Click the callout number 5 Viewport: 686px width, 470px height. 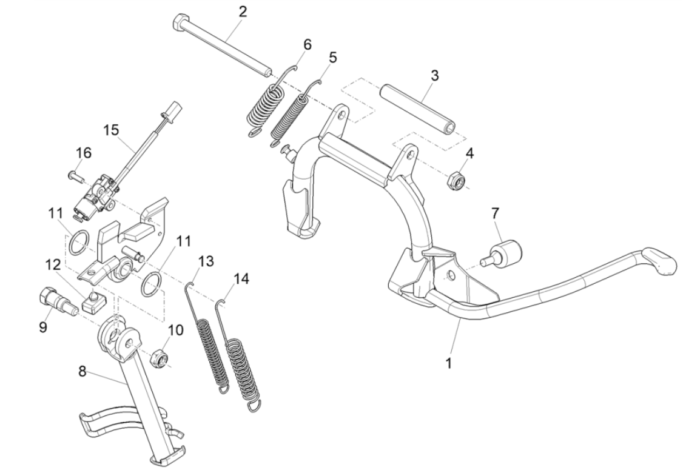click(332, 58)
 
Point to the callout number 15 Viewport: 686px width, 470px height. click(111, 130)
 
